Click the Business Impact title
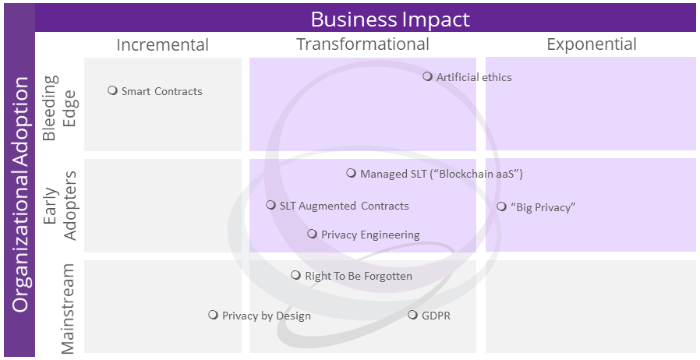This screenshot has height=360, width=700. pyautogui.click(x=390, y=18)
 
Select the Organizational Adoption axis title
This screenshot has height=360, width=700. pyautogui.click(x=20, y=193)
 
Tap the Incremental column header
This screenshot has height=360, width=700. pyautogui.click(x=162, y=44)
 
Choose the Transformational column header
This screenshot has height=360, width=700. pyautogui.click(x=362, y=44)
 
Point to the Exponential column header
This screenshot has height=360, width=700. pyautogui.click(x=592, y=44)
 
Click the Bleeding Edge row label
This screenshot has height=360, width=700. pyautogui.click(x=58, y=108)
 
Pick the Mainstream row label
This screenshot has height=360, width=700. pyautogui.click(x=68, y=308)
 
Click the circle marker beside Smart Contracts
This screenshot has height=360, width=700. pyautogui.click(x=112, y=90)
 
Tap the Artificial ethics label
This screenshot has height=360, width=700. pyautogui.click(x=474, y=77)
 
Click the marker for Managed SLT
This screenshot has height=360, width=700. pyautogui.click(x=352, y=174)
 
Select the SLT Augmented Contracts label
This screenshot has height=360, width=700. pyautogui.click(x=344, y=206)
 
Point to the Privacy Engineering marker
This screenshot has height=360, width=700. pyautogui.click(x=312, y=234)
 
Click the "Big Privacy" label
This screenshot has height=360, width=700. pyautogui.click(x=543, y=207)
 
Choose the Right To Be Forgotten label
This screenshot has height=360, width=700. pyautogui.click(x=358, y=276)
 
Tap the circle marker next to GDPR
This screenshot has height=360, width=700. pyautogui.click(x=412, y=315)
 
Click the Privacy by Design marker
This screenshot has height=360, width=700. pyautogui.click(x=213, y=315)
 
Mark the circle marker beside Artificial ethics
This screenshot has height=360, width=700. pyautogui.click(x=427, y=76)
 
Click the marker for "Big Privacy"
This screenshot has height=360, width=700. pyautogui.click(x=501, y=206)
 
